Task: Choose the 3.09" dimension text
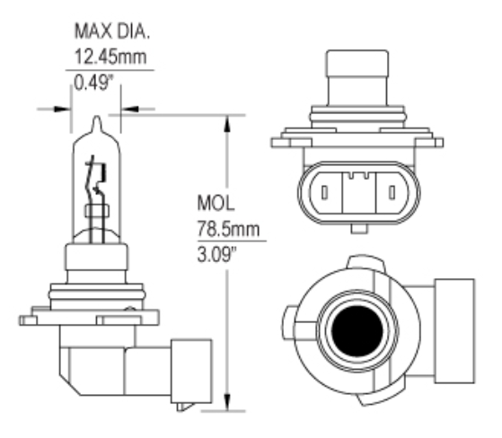(x=216, y=255)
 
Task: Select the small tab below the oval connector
(x=358, y=228)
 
